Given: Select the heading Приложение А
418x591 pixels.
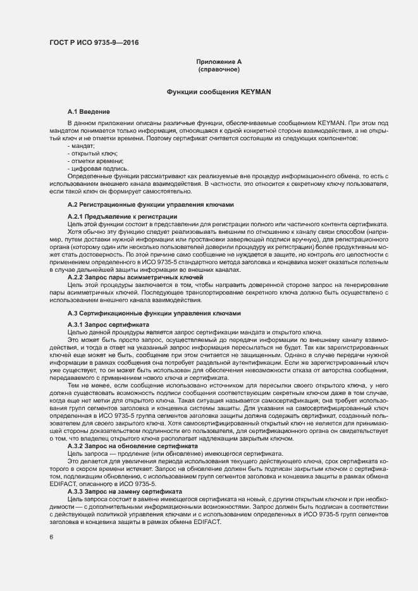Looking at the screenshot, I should click(218, 61).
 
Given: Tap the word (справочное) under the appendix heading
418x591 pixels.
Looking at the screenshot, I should click(218, 69).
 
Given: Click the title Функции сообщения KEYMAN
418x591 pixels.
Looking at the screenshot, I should click(218, 92).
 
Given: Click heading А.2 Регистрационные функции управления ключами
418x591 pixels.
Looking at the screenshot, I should click(151, 205).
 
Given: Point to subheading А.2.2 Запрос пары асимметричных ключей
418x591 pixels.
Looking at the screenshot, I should click(135, 277).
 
